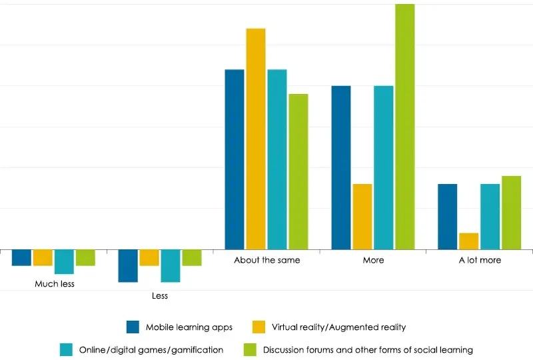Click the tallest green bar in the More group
pyautogui.click(x=404, y=127)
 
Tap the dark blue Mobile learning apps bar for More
pyautogui.click(x=340, y=167)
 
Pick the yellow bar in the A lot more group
pyautogui.click(x=469, y=241)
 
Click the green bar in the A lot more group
pyautogui.click(x=511, y=213)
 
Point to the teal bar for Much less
pyautogui.click(x=64, y=262)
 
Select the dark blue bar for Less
pyautogui.click(x=128, y=266)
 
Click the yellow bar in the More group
pyautogui.click(x=362, y=217)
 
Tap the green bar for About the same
pyautogui.click(x=298, y=171)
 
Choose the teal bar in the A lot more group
pyautogui.click(x=490, y=217)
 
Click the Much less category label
pyautogui.click(x=55, y=284)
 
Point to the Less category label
pyautogui.click(x=160, y=295)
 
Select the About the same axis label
pyautogui.click(x=266, y=260)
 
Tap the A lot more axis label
pyautogui.click(x=480, y=260)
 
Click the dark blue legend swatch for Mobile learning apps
pyautogui.click(x=133, y=327)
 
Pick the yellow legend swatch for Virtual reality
pyautogui.click(x=259, y=327)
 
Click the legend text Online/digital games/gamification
pyautogui.click(x=151, y=349)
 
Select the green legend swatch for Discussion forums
pyautogui.click(x=250, y=349)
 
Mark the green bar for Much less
pyautogui.click(x=85, y=257)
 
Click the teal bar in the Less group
pyautogui.click(x=171, y=266)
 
